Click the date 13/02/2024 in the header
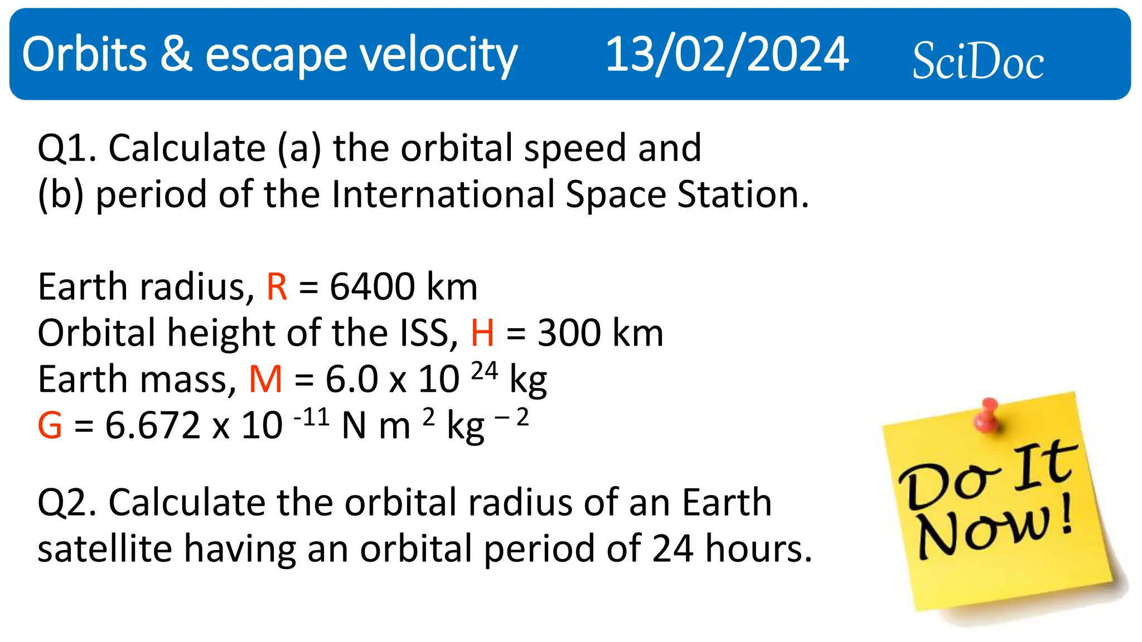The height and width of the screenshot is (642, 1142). (727, 55)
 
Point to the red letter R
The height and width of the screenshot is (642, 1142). (277, 288)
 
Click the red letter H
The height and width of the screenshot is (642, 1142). (482, 334)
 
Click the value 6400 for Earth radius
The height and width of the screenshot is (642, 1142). (372, 288)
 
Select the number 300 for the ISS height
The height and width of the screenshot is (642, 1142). (568, 334)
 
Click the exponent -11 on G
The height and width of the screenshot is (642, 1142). (311, 417)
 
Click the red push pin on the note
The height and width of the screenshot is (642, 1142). (988, 415)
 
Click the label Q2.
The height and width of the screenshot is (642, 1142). (66, 503)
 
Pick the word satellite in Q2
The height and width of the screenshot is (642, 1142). (105, 549)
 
